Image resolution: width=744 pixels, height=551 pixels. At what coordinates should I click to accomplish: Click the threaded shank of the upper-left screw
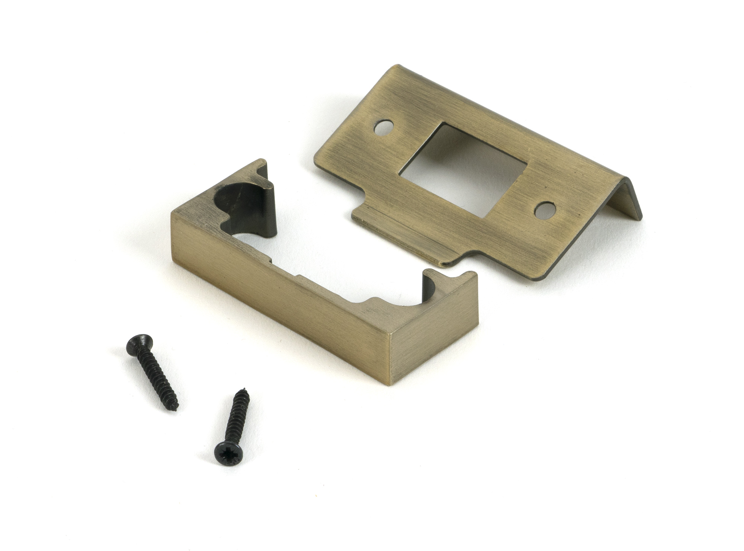tap(156, 376)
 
